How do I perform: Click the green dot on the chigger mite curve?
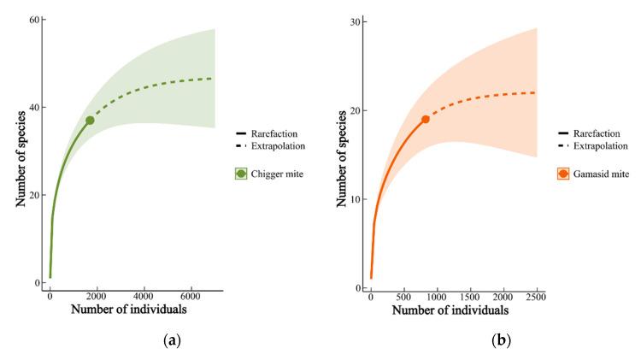point(90,121)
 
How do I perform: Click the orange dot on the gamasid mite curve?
point(426,119)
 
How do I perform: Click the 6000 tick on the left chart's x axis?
point(191,297)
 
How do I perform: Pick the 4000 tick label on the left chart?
point(144,297)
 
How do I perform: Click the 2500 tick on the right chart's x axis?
point(536,296)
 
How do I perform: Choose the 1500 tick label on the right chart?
point(470,296)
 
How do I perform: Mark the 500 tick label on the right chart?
point(403,296)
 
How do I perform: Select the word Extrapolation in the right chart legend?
point(605,145)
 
